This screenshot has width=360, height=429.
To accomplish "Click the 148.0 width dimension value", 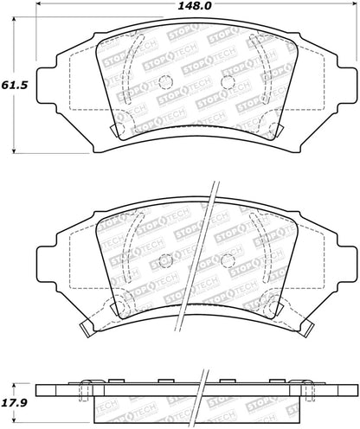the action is [x=195, y=5].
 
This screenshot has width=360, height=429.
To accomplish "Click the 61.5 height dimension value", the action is [x=15, y=85].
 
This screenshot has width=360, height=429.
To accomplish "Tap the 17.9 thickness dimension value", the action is [x=15, y=402].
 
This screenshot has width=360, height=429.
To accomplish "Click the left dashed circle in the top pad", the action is [x=165, y=81].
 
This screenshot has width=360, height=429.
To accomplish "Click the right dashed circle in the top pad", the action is [x=228, y=82].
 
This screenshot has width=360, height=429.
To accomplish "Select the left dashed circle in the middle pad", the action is [x=166, y=260].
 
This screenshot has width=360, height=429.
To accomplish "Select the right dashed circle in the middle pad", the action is [x=228, y=261].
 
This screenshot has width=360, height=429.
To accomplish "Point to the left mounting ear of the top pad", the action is [x=47, y=85].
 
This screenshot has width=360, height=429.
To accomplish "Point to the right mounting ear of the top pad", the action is [x=346, y=85].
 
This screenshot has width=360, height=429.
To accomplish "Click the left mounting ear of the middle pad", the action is [x=47, y=264].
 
